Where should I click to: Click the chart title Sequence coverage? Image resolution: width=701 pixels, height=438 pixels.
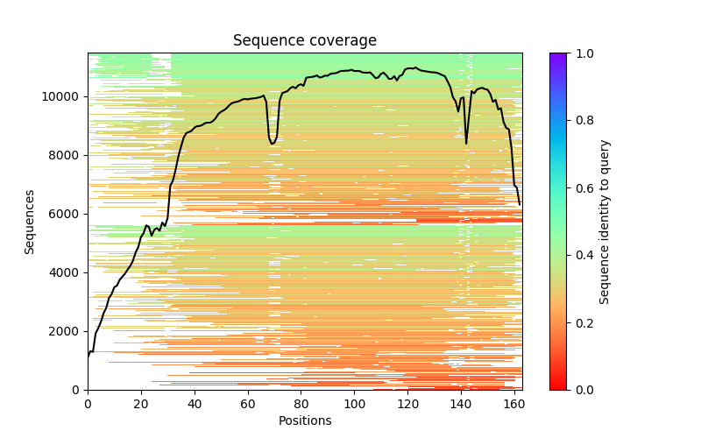304,41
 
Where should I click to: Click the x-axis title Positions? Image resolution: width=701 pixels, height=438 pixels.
304,420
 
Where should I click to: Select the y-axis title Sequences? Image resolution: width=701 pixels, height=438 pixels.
30,222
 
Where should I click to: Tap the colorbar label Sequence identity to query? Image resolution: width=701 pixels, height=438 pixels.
605,222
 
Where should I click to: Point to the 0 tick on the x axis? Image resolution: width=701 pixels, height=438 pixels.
88,402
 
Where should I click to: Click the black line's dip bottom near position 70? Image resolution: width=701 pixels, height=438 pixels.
273,144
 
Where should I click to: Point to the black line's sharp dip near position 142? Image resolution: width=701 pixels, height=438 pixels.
466,143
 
